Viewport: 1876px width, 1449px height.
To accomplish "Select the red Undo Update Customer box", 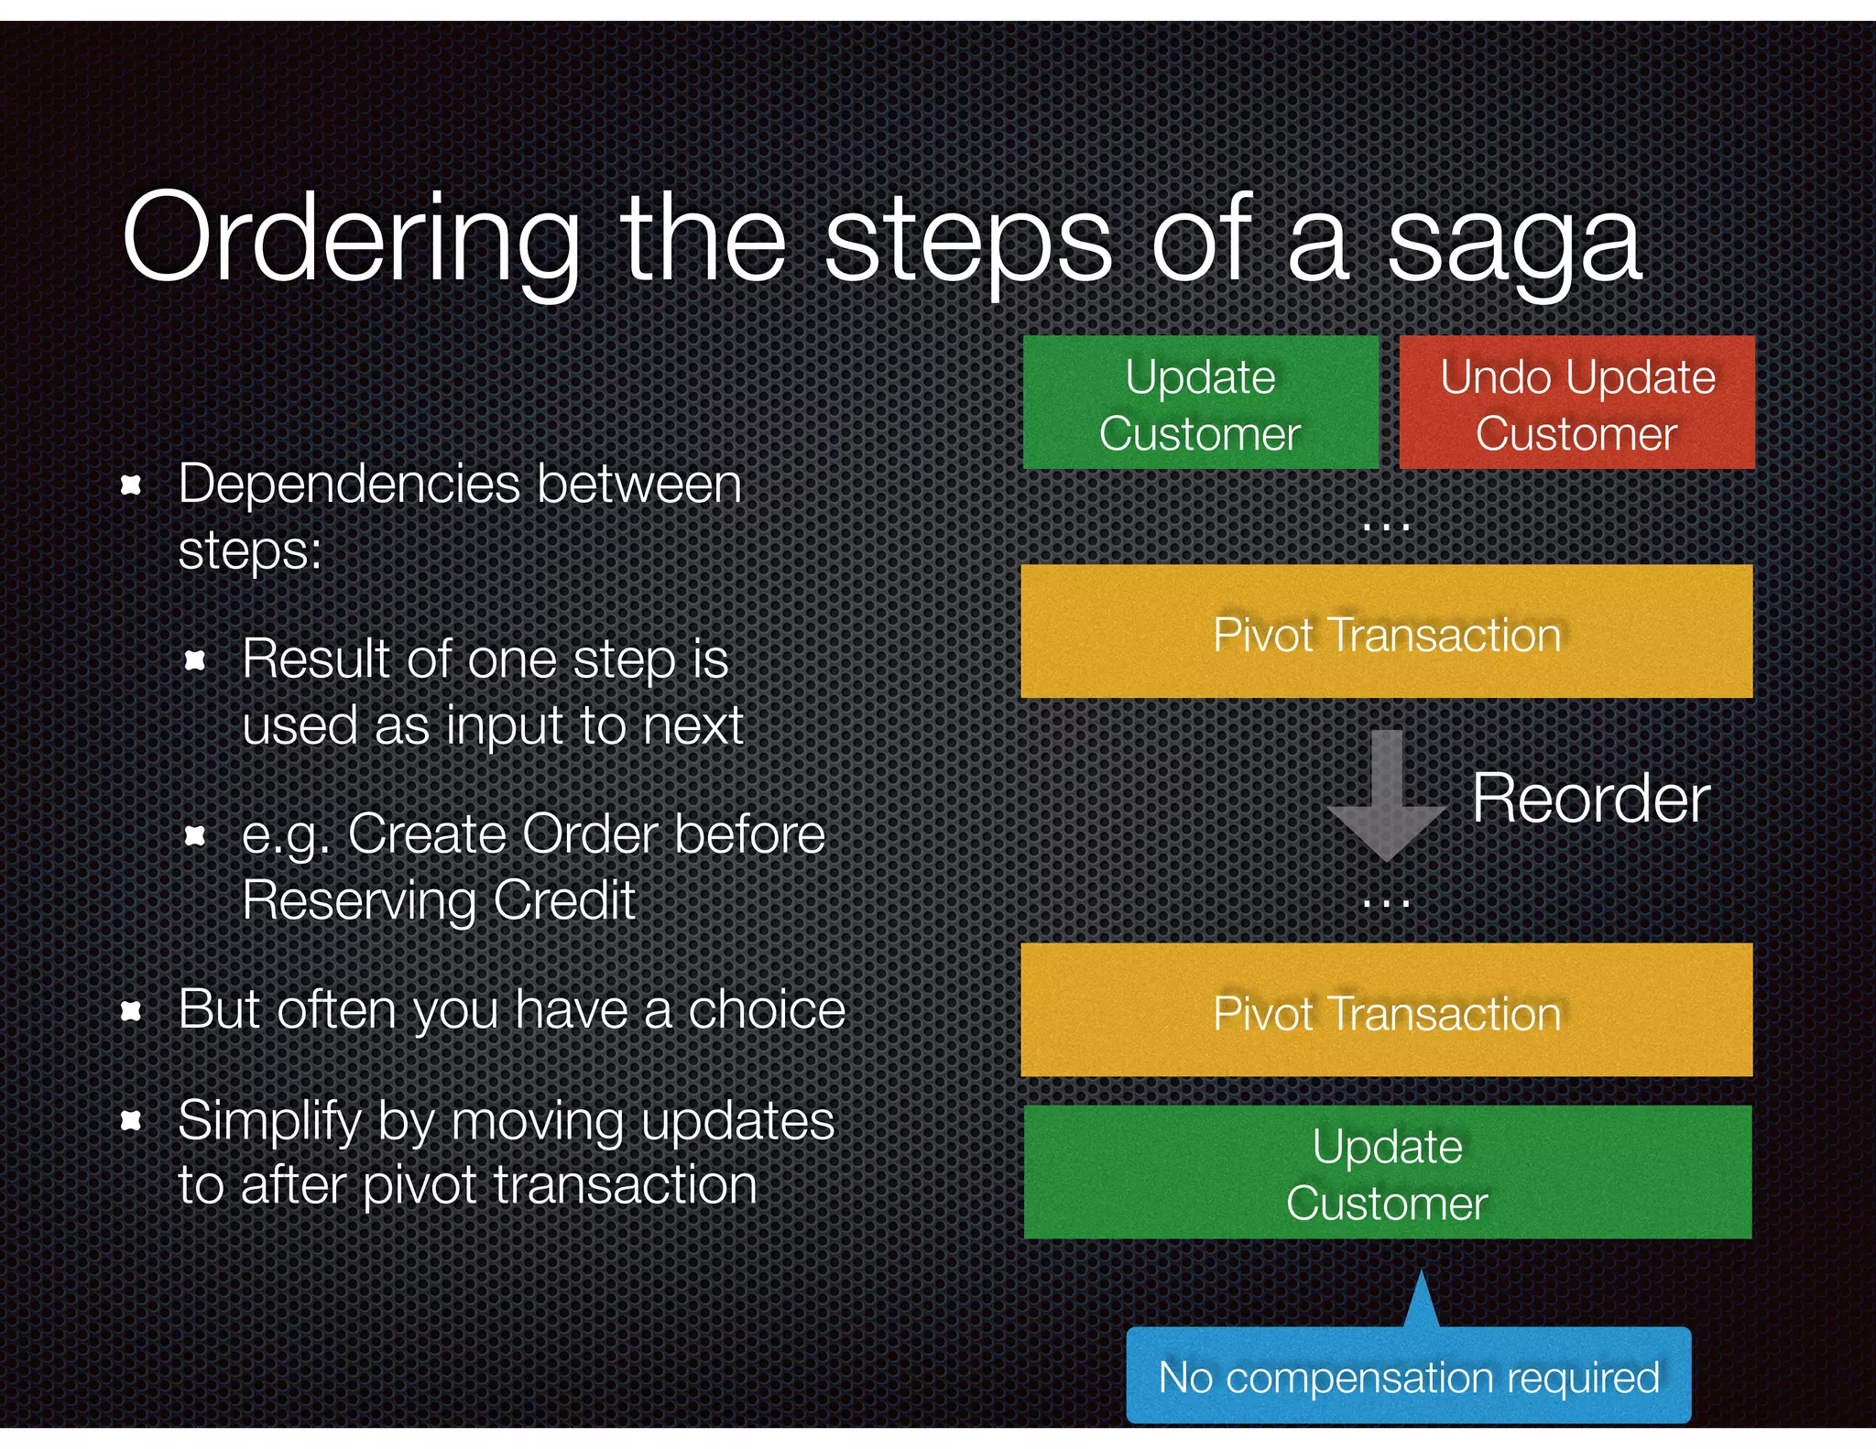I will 1576,403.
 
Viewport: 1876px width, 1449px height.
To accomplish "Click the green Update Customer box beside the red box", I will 1200,403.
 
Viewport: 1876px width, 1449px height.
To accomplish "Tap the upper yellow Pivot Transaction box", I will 1386,632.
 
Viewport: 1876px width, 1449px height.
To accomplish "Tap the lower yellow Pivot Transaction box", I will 1386,1010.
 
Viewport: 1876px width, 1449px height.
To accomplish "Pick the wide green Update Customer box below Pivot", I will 1387,1172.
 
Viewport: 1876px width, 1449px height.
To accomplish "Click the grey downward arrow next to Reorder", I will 1387,797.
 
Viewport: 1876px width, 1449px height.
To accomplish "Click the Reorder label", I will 1590,799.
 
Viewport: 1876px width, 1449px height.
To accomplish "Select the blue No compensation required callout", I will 1408,1377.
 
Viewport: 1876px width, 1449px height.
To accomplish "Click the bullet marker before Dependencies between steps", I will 131,485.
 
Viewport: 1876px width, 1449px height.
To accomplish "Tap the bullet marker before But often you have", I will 131,1011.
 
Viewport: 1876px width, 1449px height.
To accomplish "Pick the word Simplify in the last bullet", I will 270,1121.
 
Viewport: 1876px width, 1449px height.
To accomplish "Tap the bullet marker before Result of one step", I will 194,660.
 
